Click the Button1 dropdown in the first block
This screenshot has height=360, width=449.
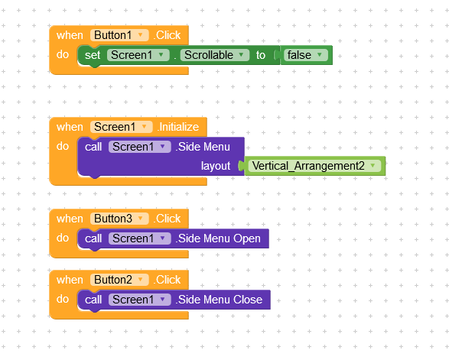(x=119, y=35)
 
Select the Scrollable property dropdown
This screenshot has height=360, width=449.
(x=214, y=55)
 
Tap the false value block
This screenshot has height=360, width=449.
(x=306, y=55)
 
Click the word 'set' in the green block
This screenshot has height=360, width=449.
(x=93, y=55)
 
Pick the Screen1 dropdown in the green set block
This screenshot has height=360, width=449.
(x=138, y=55)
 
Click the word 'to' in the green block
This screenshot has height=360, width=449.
(x=261, y=55)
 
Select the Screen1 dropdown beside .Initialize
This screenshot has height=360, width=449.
(x=121, y=127)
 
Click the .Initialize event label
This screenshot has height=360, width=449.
(x=178, y=127)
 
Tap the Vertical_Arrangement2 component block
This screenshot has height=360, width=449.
(x=315, y=166)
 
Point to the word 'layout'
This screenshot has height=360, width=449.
(x=216, y=166)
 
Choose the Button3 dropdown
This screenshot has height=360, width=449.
(x=119, y=219)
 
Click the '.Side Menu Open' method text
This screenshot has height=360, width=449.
(x=218, y=238)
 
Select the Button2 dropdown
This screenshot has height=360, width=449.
(x=119, y=280)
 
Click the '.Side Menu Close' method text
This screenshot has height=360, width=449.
(x=219, y=300)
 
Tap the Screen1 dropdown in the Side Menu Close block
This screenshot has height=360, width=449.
(x=139, y=300)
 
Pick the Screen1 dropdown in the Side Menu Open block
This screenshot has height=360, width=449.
(x=139, y=238)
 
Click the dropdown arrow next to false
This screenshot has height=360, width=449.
(x=320, y=54)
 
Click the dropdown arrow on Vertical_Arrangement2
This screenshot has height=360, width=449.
(x=373, y=165)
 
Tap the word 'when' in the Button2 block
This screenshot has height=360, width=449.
(x=70, y=280)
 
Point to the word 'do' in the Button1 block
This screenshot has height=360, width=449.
(x=63, y=54)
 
